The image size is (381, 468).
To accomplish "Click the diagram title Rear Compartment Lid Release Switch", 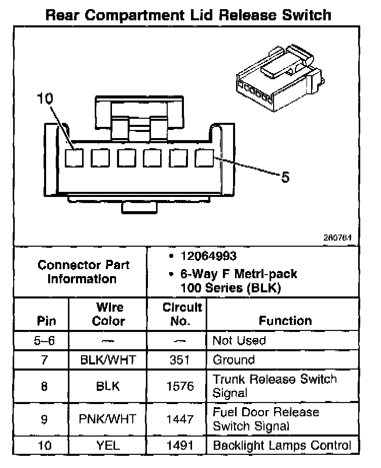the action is (x=188, y=15).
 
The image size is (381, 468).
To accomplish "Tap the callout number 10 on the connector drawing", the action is (x=45, y=99).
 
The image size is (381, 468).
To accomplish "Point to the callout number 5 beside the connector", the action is (x=285, y=177).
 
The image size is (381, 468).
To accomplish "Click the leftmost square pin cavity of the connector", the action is (x=74, y=158).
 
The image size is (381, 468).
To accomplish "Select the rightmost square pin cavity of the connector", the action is (x=204, y=158).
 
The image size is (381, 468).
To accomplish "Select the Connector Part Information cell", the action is (x=84, y=272).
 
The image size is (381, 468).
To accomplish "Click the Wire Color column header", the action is (x=109, y=314).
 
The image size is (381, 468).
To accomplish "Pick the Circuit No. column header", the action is (x=182, y=314).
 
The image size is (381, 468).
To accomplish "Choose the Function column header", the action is (x=285, y=321).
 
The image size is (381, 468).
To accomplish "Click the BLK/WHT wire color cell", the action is (x=108, y=360).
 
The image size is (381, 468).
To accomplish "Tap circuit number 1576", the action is (x=180, y=386).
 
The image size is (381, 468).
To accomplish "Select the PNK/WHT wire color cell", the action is (x=108, y=419).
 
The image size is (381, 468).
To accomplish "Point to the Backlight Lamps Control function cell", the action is (x=282, y=446).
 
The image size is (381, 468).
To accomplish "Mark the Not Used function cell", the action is (x=239, y=341).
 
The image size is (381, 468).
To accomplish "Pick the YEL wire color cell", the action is (x=108, y=446).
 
